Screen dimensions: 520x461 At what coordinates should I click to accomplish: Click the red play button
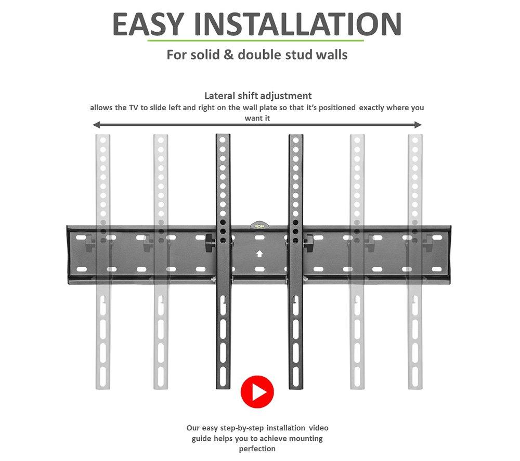257,392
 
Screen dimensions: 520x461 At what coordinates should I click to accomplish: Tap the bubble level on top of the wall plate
259,226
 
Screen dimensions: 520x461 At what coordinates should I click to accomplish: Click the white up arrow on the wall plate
259,254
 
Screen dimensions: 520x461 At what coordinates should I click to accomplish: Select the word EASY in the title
148,24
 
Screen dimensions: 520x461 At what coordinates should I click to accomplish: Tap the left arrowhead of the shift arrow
96,125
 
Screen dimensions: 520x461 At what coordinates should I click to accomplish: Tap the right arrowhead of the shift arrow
418,125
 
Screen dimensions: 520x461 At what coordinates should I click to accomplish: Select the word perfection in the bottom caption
257,449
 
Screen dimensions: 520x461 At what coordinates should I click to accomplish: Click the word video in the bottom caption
319,428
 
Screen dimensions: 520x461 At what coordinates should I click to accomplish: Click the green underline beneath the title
255,41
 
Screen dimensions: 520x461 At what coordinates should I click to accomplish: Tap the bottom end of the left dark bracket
223,388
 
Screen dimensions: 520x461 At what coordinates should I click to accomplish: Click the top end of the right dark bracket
296,135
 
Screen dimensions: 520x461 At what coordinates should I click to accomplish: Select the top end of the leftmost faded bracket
103,135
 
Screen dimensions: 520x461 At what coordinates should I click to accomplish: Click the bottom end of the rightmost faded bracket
415,388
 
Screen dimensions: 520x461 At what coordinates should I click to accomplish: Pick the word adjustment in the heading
286,96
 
